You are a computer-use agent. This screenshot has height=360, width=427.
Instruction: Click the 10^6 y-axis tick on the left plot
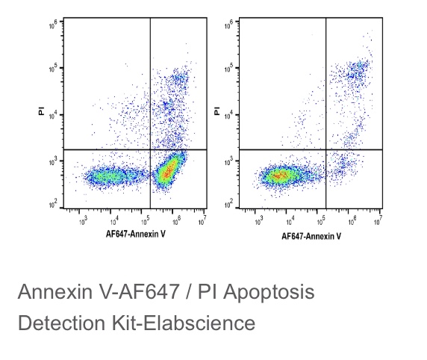54,25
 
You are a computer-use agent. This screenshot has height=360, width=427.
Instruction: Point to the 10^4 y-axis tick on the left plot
54,114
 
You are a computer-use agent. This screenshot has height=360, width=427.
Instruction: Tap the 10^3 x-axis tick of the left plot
83,221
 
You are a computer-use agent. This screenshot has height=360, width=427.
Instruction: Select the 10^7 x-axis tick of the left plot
204,221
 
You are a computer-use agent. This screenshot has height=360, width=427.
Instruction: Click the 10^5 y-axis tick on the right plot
230,68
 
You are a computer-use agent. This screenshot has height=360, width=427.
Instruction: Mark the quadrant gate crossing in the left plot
150,149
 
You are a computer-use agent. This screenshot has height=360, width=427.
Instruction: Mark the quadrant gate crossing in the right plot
326,149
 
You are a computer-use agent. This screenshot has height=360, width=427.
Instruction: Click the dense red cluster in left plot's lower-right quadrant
169,170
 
